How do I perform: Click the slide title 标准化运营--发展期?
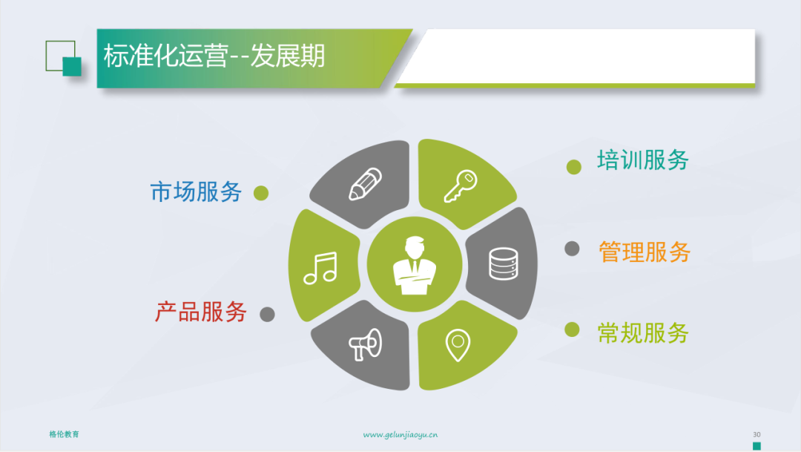coord(214,56)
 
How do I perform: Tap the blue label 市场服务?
coord(196,192)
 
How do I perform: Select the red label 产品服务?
coord(201,312)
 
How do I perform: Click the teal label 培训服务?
coord(643,160)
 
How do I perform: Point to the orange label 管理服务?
coord(645,252)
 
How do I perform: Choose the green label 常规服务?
coord(643,333)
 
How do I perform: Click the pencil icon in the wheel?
coord(365,184)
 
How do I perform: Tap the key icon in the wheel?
coord(461,186)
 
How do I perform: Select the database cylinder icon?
coord(504,263)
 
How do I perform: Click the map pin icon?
coord(458,345)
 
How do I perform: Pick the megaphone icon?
coord(365,344)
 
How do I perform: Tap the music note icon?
coord(320,268)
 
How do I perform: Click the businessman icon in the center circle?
coord(415,266)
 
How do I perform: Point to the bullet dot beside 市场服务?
coord(261,193)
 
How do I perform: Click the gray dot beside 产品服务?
coord(267,314)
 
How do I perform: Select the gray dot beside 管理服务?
coord(572,249)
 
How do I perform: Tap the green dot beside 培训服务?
coord(573,167)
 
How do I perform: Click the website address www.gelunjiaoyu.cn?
coord(400,435)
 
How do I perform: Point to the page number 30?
coord(756,434)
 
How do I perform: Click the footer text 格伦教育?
coord(65,434)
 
